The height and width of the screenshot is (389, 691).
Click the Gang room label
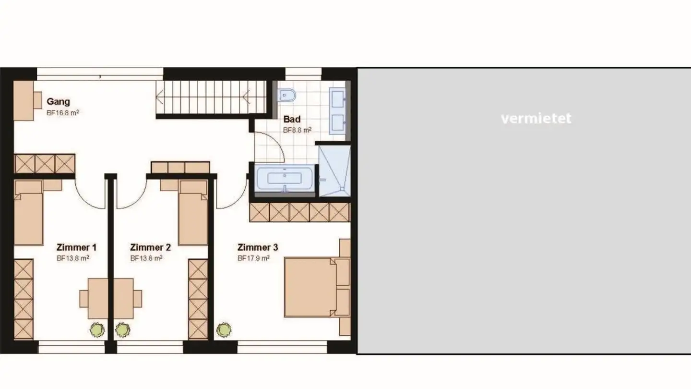point(58,102)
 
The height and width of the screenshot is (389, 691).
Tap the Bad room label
point(292,119)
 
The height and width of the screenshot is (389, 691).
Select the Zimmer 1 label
point(76,248)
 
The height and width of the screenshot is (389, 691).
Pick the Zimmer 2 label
point(150,248)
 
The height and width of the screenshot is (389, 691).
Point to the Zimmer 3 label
point(258,248)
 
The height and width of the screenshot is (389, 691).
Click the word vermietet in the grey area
point(536,119)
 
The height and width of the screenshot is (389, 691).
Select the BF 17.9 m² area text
point(253,258)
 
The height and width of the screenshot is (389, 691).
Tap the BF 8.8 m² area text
point(297,130)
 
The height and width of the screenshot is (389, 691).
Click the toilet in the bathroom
point(287,96)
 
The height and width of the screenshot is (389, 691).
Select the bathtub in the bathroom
point(285,178)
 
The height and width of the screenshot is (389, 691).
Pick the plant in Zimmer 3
point(223,330)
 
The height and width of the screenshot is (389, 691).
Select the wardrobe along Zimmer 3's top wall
point(299,212)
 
